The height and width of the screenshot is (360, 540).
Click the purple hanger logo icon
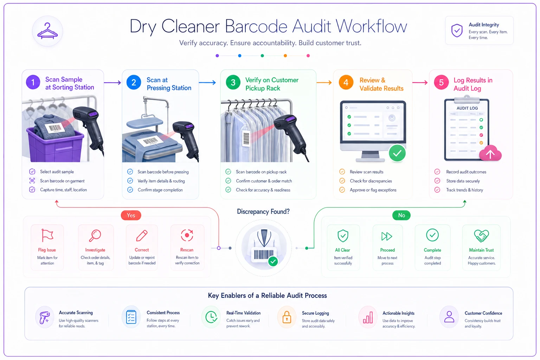[x=47, y=31]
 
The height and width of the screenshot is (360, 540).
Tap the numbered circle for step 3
[x=233, y=82]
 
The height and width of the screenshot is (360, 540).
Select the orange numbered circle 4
[x=346, y=82]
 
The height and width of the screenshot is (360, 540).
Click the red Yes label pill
[x=131, y=215]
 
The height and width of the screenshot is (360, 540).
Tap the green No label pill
[x=401, y=215]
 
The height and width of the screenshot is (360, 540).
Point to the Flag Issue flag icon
[x=47, y=235]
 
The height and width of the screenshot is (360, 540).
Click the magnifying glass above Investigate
[x=95, y=236]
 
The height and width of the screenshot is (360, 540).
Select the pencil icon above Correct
[x=142, y=236]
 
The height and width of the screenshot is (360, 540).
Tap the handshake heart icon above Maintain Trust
[x=481, y=236]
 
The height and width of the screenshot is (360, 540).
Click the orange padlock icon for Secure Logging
[x=287, y=317]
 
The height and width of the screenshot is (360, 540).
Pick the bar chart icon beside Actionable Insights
[x=368, y=317]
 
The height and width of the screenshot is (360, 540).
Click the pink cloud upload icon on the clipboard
[x=490, y=153]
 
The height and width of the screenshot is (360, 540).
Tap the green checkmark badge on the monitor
[x=397, y=153]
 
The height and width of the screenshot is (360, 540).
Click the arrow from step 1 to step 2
[x=112, y=83]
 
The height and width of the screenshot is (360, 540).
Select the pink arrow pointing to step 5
[x=420, y=83]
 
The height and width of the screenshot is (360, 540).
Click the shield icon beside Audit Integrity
[x=457, y=31]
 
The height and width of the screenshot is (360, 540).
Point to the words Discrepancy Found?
[x=263, y=212]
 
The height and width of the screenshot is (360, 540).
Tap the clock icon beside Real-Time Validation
[x=211, y=317]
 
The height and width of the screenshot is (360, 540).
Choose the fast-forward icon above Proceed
[x=387, y=236]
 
